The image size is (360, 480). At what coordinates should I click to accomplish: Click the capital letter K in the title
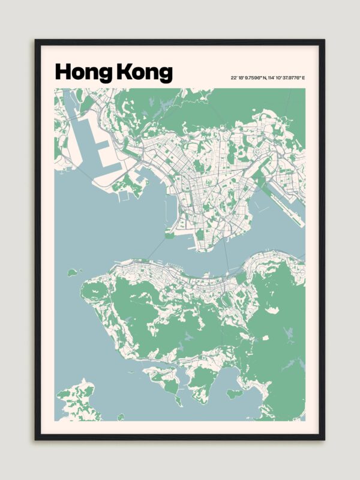coord(122,72)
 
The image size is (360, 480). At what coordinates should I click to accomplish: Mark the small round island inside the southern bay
coord(235,394)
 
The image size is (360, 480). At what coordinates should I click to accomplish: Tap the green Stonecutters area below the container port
coord(129,186)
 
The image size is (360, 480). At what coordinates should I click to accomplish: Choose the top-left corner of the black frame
coord(36,41)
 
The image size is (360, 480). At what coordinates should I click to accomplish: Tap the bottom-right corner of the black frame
coord(324,439)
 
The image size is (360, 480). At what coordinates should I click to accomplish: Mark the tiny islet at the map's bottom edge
coord(121,416)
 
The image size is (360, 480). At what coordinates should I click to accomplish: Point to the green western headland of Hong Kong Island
coord(93,291)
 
